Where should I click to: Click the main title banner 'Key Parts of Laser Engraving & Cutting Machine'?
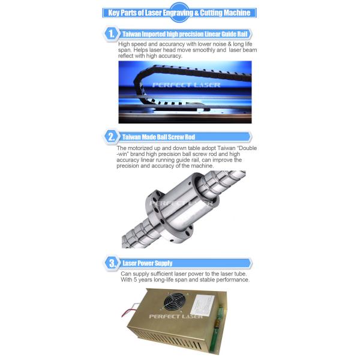point(180,13)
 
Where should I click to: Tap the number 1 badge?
point(110,34)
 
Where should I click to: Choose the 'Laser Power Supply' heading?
point(148,263)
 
